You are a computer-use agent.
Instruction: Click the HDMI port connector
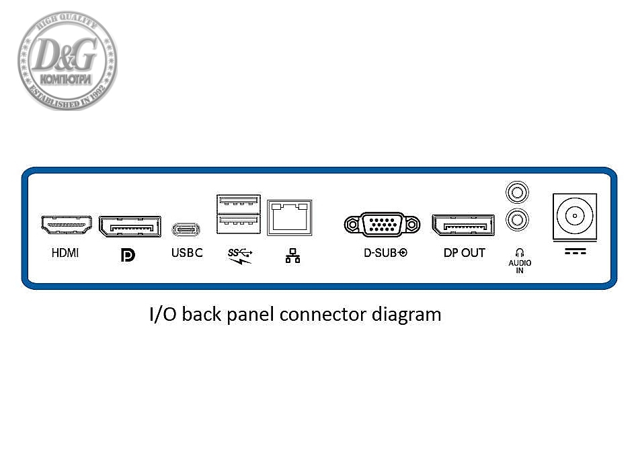coord(66,225)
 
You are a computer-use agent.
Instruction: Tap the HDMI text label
coord(65,254)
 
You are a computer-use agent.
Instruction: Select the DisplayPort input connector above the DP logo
coord(130,226)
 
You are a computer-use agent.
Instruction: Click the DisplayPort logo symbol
coord(128,255)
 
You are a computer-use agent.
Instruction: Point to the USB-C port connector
coord(186,229)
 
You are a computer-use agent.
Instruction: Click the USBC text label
coord(187,254)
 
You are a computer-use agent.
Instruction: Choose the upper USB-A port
coord(238,203)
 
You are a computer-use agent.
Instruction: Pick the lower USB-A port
coord(238,223)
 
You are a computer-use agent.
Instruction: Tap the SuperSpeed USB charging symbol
coord(239,256)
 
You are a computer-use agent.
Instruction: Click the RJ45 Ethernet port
coord(290,217)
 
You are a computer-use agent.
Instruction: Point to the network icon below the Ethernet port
coord(292,256)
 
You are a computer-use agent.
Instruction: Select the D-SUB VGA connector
coord(382,223)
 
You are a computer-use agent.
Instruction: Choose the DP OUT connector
coord(463,225)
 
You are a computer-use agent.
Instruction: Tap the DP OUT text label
coord(464,254)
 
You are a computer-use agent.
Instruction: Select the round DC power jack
coord(574,217)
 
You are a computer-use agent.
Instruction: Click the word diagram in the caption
coord(410,314)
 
